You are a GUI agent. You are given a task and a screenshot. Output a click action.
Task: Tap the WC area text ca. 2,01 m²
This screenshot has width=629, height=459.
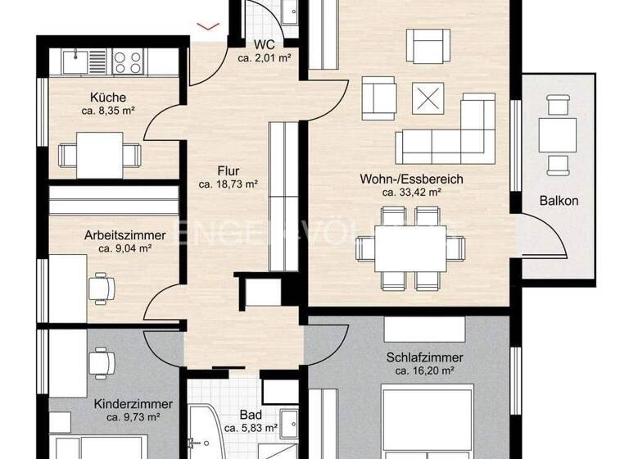coord(265,57)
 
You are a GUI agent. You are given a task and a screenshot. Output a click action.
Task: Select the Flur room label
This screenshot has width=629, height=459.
coord(228,171)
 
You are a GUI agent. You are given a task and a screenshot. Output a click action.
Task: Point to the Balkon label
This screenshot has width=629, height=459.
coord(559,201)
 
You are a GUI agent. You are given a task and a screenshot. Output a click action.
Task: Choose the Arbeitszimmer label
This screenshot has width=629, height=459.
coord(125,234)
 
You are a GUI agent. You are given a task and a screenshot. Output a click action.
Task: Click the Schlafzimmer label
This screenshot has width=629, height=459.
coord(424,357)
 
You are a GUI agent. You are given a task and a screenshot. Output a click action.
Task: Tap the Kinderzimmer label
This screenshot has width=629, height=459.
coord(133,404)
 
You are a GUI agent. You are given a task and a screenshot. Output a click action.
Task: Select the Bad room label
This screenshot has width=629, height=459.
coord(251,415)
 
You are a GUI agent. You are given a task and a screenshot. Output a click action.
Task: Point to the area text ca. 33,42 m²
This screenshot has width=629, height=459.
coord(411,193)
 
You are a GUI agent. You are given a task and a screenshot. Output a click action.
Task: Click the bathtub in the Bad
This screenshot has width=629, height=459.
coord(205,430)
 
